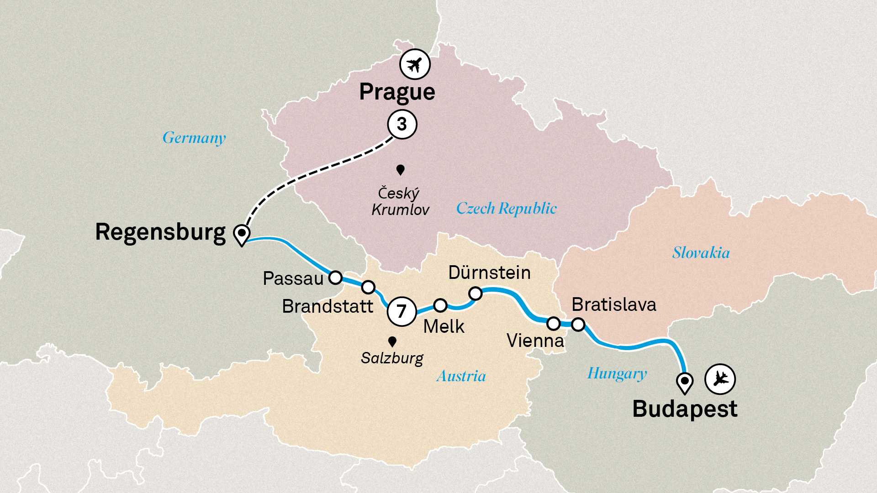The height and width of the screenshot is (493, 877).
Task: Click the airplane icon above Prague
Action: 415,64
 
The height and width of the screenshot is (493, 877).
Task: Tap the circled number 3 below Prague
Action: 402,124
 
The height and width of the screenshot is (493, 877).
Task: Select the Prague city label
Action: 397,92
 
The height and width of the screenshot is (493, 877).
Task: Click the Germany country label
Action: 194,138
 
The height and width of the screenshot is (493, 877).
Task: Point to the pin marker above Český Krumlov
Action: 401,170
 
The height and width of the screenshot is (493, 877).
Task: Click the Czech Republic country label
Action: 506,209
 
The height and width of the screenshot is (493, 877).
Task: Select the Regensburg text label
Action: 160,232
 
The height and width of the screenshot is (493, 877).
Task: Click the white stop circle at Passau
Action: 335,277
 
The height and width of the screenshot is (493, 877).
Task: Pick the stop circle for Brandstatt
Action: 368,287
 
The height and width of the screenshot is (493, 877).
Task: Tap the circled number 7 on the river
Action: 402,311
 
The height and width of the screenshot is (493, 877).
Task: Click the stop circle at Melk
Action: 440,305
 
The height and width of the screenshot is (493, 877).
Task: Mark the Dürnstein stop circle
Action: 475,293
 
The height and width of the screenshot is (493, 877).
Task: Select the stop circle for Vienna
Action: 553,324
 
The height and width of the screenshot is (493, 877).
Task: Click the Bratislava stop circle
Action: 578,325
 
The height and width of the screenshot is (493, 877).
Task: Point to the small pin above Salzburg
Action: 392,341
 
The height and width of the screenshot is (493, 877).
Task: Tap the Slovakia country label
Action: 701,253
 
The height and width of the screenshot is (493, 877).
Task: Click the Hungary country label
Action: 617,373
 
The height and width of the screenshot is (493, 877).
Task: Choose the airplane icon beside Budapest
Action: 720,379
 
